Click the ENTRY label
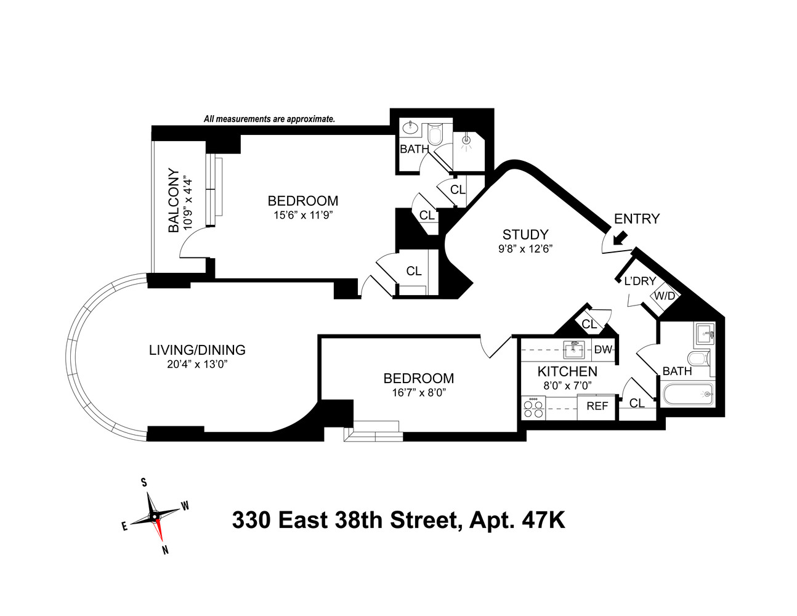(x=636, y=219)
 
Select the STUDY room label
(x=525, y=235)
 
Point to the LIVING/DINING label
(x=197, y=350)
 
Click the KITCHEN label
(x=567, y=371)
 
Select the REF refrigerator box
(x=597, y=407)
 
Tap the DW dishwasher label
(x=603, y=350)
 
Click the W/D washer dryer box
(x=665, y=296)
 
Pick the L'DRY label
(x=640, y=282)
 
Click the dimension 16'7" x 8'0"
(x=418, y=392)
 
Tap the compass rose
(x=155, y=516)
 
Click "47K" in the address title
(x=543, y=521)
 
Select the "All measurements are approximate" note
(x=269, y=119)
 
